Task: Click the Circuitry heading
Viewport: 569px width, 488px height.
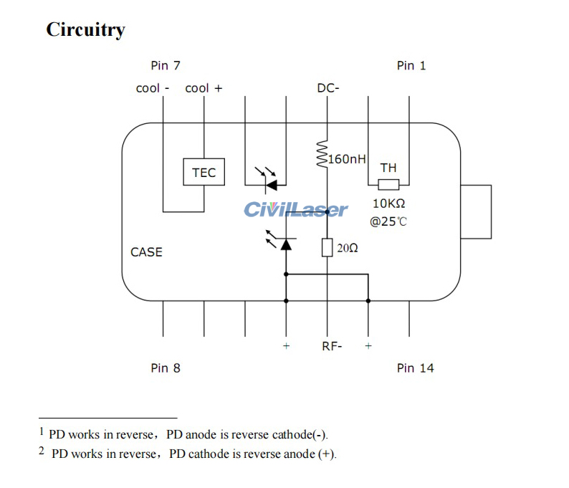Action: pyautogui.click(x=85, y=29)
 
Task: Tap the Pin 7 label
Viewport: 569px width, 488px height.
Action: pyautogui.click(x=166, y=65)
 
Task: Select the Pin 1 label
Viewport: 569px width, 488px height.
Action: pyautogui.click(x=411, y=65)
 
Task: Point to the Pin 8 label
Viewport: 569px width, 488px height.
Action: pyautogui.click(x=166, y=368)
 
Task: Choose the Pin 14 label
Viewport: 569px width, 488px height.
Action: pyautogui.click(x=416, y=368)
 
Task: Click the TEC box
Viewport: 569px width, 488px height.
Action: pyautogui.click(x=204, y=173)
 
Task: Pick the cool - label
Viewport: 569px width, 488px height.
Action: pyautogui.click(x=153, y=88)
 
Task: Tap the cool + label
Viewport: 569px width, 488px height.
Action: pyautogui.click(x=204, y=88)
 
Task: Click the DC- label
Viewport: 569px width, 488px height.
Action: pyautogui.click(x=328, y=88)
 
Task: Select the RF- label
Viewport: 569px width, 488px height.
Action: pyautogui.click(x=332, y=346)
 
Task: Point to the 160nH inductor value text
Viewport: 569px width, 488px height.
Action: pyautogui.click(x=348, y=158)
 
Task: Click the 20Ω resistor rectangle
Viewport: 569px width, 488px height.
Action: pyautogui.click(x=327, y=248)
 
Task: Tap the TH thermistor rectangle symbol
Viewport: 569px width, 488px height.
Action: pyautogui.click(x=388, y=185)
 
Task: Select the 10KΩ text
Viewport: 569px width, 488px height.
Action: pyautogui.click(x=388, y=204)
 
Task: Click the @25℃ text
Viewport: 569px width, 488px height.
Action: pyautogui.click(x=388, y=221)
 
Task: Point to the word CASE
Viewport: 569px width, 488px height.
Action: pyautogui.click(x=146, y=252)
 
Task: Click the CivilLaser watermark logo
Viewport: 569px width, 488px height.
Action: pyautogui.click(x=296, y=209)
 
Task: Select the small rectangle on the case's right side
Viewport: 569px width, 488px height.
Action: pyautogui.click(x=477, y=211)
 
